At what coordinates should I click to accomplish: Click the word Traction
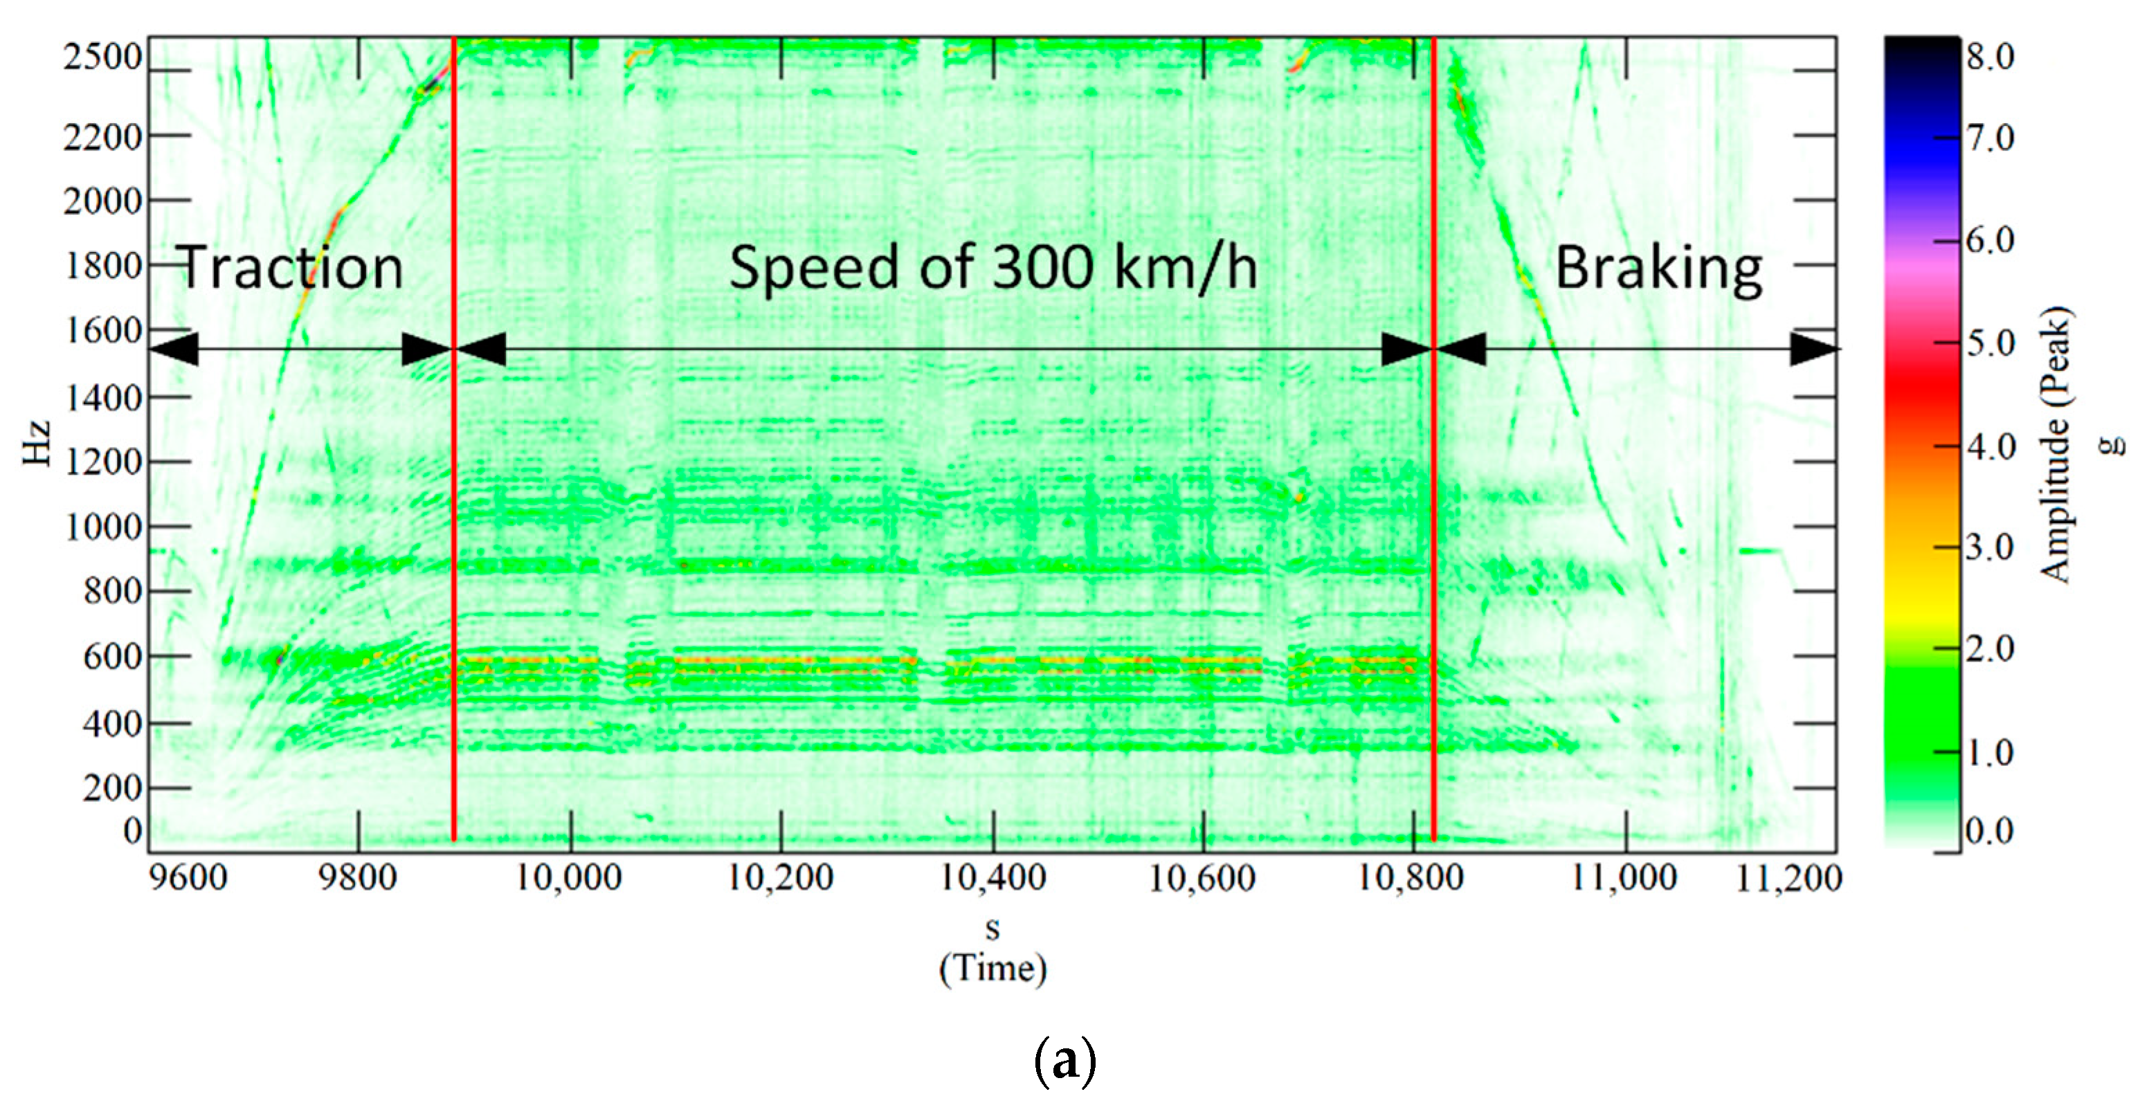pyautogui.click(x=291, y=268)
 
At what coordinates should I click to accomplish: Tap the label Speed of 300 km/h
pyautogui.click(x=992, y=268)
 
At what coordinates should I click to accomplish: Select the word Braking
pyautogui.click(x=1658, y=268)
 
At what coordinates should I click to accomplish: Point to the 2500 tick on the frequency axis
pyautogui.click(x=102, y=57)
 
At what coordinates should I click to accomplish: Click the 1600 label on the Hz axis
pyautogui.click(x=102, y=331)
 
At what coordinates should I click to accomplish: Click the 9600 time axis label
pyautogui.click(x=188, y=878)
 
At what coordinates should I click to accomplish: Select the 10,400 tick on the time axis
pyautogui.click(x=992, y=878)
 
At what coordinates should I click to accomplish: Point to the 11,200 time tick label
pyautogui.click(x=1788, y=878)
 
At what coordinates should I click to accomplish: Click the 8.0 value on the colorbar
pyautogui.click(x=1991, y=57)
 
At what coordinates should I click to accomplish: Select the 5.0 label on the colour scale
pyautogui.click(x=1991, y=344)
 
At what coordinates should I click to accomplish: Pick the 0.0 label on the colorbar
pyautogui.click(x=1991, y=831)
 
